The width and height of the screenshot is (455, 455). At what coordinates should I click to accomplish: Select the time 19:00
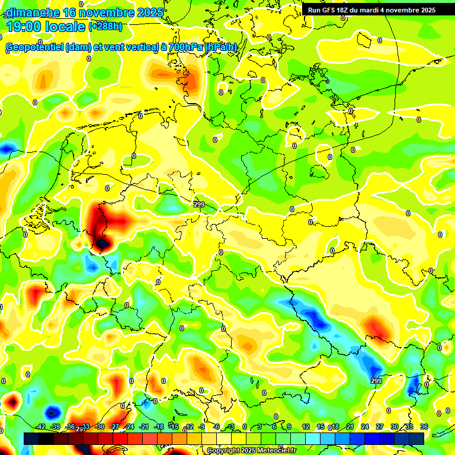[23, 26]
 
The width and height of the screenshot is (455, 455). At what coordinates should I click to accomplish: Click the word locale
[66, 26]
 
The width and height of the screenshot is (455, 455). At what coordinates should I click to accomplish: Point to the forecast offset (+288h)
[105, 26]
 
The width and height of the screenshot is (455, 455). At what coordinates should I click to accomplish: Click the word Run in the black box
[314, 10]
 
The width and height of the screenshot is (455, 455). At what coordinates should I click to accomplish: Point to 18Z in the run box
[345, 10]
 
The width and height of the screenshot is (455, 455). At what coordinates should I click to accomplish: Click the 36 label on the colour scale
[424, 427]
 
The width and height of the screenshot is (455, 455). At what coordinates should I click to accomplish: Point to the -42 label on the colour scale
[40, 427]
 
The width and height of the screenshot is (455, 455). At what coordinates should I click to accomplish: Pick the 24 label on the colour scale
[364, 427]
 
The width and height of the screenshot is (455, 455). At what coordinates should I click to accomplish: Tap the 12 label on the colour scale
[305, 427]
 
